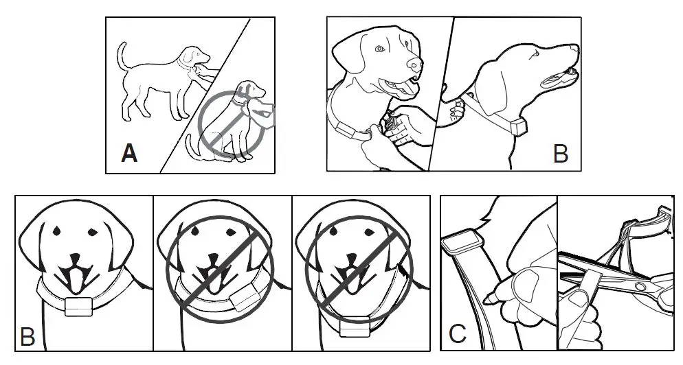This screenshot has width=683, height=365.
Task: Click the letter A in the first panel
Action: (x=128, y=152)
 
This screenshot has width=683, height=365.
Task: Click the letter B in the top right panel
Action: (x=560, y=154)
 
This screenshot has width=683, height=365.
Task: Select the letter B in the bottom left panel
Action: (x=28, y=336)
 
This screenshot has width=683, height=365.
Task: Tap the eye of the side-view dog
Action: (x=533, y=51)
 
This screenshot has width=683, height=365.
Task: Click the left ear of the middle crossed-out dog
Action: (x=168, y=250)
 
